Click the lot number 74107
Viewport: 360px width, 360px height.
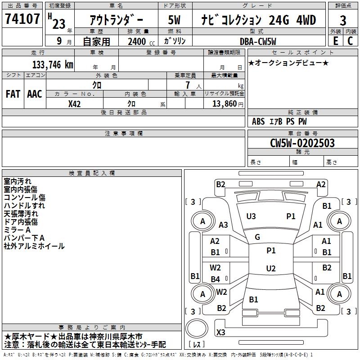(22, 20)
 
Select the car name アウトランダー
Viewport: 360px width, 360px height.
(116, 20)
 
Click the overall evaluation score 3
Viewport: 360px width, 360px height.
(343, 21)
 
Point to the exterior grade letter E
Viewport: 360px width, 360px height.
(336, 41)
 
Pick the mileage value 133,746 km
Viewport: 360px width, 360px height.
(53, 64)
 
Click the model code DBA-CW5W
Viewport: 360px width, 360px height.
(258, 41)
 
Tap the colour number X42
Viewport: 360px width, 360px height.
(75, 103)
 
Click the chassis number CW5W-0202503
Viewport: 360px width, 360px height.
(302, 143)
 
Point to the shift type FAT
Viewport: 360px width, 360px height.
(13, 94)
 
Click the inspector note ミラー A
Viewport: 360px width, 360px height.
(17, 230)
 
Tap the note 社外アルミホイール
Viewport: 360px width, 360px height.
(34, 246)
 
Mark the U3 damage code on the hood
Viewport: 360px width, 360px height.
(251, 216)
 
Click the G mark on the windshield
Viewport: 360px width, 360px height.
(257, 237)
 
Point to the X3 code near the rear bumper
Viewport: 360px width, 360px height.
(221, 332)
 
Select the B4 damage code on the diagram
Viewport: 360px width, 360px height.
(216, 279)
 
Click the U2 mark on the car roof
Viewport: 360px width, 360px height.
(271, 269)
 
